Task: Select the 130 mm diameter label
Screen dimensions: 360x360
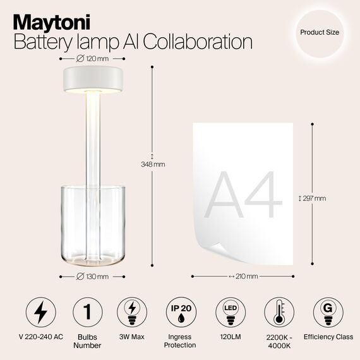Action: point(92,276)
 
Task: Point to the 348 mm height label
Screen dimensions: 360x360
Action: point(152,164)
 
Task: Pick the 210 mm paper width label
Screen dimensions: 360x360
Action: point(243,276)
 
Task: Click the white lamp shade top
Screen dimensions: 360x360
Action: point(93,79)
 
